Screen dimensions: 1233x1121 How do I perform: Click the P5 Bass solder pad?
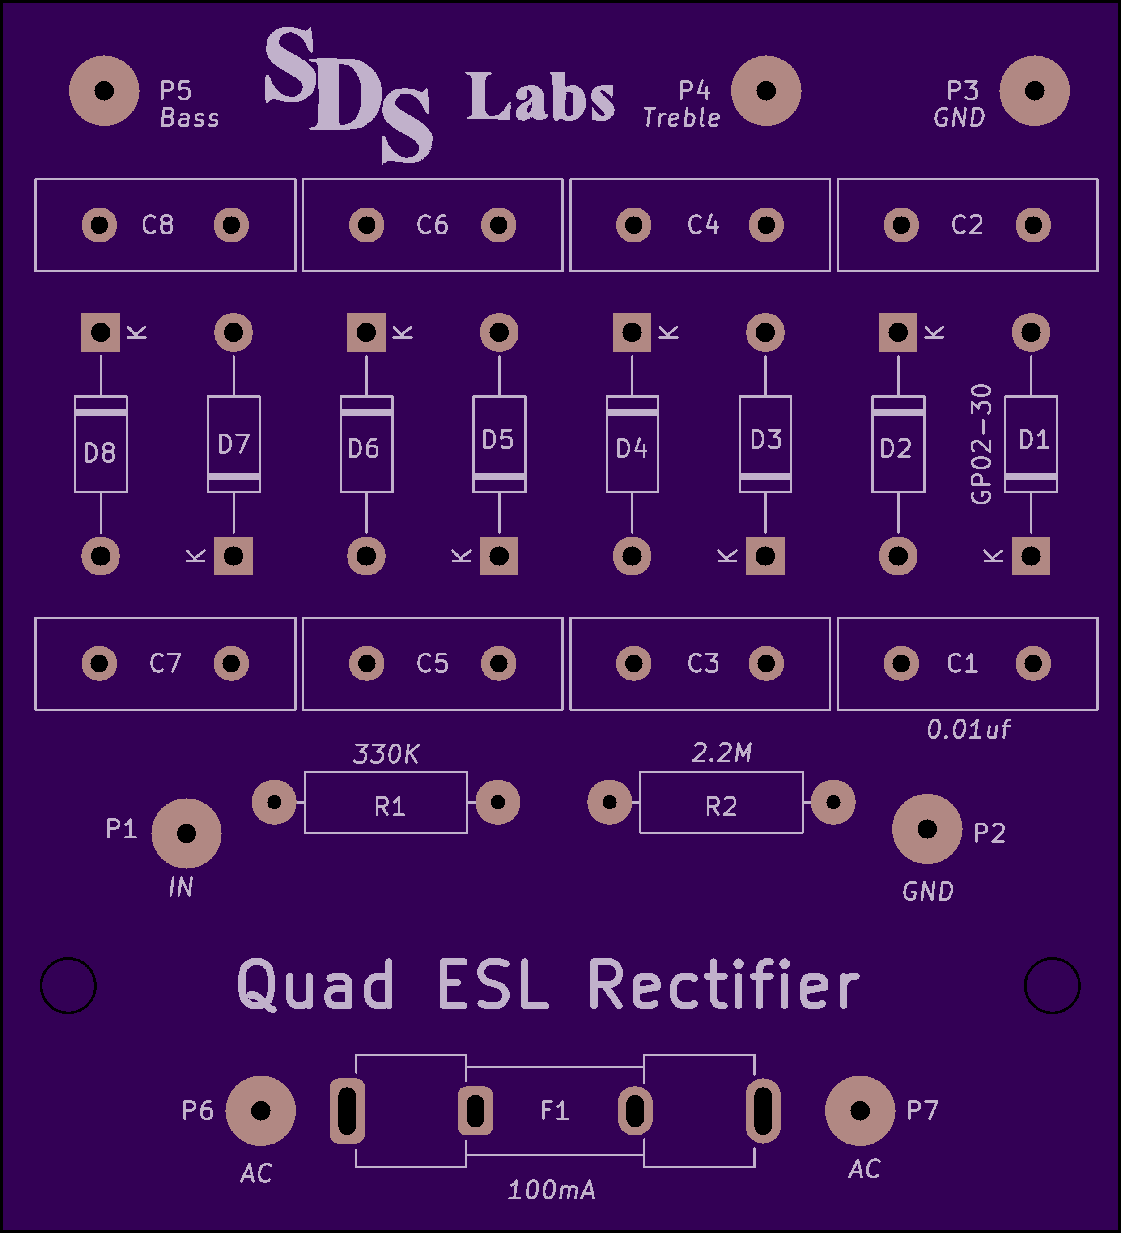[x=104, y=90]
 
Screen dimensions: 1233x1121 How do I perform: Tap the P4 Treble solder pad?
[x=766, y=90]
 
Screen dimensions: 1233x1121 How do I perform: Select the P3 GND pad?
[x=1034, y=90]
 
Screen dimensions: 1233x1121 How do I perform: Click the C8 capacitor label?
[x=158, y=225]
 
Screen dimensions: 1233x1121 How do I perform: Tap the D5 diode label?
[x=498, y=440]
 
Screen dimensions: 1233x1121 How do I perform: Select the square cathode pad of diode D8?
[x=100, y=332]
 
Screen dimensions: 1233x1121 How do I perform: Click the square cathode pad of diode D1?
[x=1031, y=556]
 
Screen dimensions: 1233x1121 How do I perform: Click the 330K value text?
[x=386, y=754]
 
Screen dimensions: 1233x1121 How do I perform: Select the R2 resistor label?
[x=721, y=807]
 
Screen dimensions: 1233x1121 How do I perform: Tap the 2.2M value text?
[x=722, y=753]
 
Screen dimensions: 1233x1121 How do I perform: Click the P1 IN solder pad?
[x=186, y=833]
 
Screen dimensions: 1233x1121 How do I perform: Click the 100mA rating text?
[x=552, y=1190]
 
